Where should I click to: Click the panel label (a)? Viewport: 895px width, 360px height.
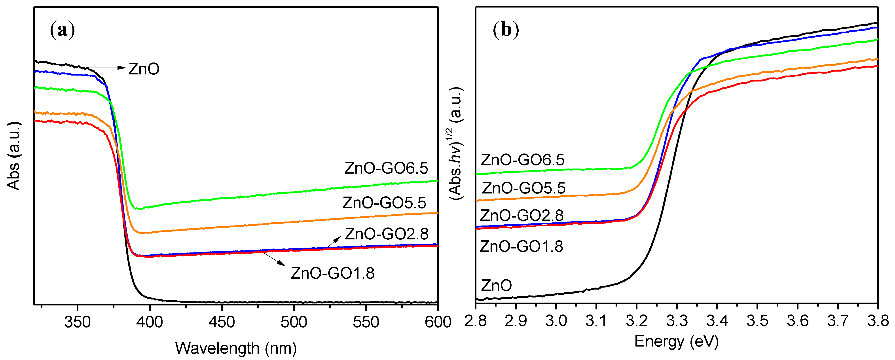click(x=63, y=30)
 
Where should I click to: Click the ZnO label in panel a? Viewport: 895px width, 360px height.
click(x=144, y=69)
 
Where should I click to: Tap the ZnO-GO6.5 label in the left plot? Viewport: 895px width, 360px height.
click(x=386, y=168)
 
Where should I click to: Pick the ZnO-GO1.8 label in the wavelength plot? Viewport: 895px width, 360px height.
click(x=332, y=273)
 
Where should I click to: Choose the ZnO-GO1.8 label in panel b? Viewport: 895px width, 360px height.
click(x=521, y=246)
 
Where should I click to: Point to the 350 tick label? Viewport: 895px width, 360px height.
click(x=77, y=322)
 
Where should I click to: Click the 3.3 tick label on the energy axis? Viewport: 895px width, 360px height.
click(x=677, y=321)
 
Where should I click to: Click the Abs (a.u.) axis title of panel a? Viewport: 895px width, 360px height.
click(x=14, y=156)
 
